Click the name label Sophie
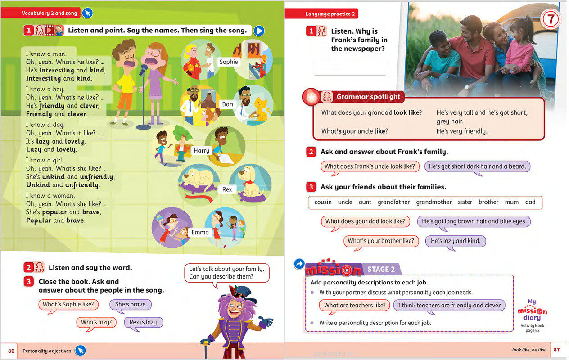tap(229, 62)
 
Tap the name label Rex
tap(227, 189)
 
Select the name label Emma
tap(200, 232)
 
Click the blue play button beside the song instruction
tap(258, 31)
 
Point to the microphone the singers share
tap(143, 70)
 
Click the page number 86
tap(11, 351)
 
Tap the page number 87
tap(556, 350)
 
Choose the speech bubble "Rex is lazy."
tap(143, 322)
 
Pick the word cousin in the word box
tap(323, 202)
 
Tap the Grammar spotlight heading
tap(368, 97)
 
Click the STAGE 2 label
tap(381, 270)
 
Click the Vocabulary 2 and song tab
tap(50, 13)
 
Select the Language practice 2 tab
tap(330, 14)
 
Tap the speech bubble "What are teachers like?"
tap(355, 305)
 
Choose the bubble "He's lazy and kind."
tap(456, 241)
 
